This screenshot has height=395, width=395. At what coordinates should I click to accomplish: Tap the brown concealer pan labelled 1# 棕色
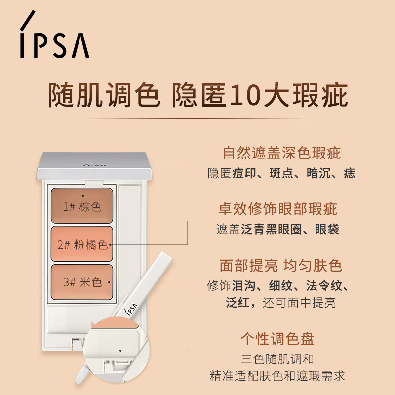coord(82,205)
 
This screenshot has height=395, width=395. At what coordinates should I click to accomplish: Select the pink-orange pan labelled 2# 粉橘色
coord(82,244)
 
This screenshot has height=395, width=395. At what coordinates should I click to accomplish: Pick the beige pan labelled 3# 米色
coord(82,282)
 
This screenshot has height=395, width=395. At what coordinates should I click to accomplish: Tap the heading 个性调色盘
coord(277,339)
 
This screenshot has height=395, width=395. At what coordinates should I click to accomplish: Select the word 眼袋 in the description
coord(329,229)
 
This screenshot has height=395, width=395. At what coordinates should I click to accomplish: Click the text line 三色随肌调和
coord(277,359)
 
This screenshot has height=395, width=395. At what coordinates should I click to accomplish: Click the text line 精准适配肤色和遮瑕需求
coord(277,376)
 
